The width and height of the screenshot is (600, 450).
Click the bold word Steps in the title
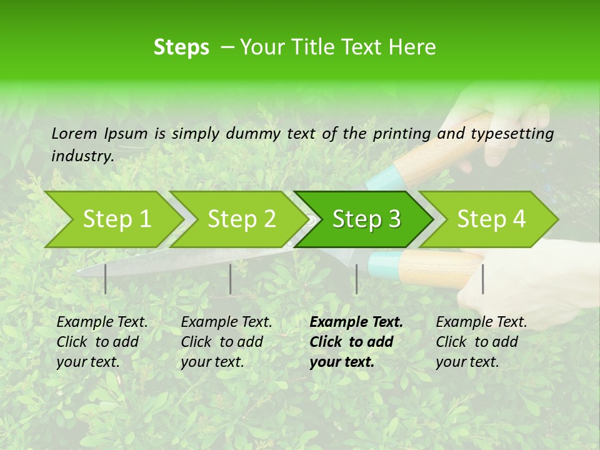[181, 47]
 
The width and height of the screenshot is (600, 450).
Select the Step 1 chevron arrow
[112, 219]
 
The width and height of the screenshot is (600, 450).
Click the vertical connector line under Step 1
[106, 279]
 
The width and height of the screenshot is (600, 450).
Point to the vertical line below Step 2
[231, 279]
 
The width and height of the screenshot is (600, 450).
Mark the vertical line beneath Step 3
[356, 279]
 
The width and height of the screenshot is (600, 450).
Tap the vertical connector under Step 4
[483, 279]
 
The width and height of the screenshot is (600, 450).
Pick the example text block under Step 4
[481, 342]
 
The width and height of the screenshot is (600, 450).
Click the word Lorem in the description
[74, 133]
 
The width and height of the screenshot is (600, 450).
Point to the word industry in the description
[82, 156]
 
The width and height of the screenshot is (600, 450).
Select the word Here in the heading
[414, 47]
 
